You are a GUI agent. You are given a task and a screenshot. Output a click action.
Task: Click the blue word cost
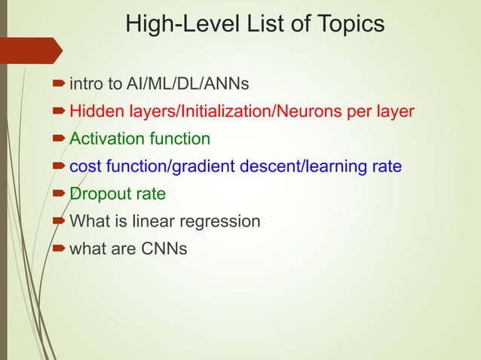[87, 166]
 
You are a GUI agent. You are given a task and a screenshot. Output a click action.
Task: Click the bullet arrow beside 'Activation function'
[60, 140]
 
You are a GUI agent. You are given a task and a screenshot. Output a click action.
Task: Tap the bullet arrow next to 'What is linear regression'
[60, 222]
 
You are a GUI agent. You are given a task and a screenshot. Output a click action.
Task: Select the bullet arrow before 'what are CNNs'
[60, 249]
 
